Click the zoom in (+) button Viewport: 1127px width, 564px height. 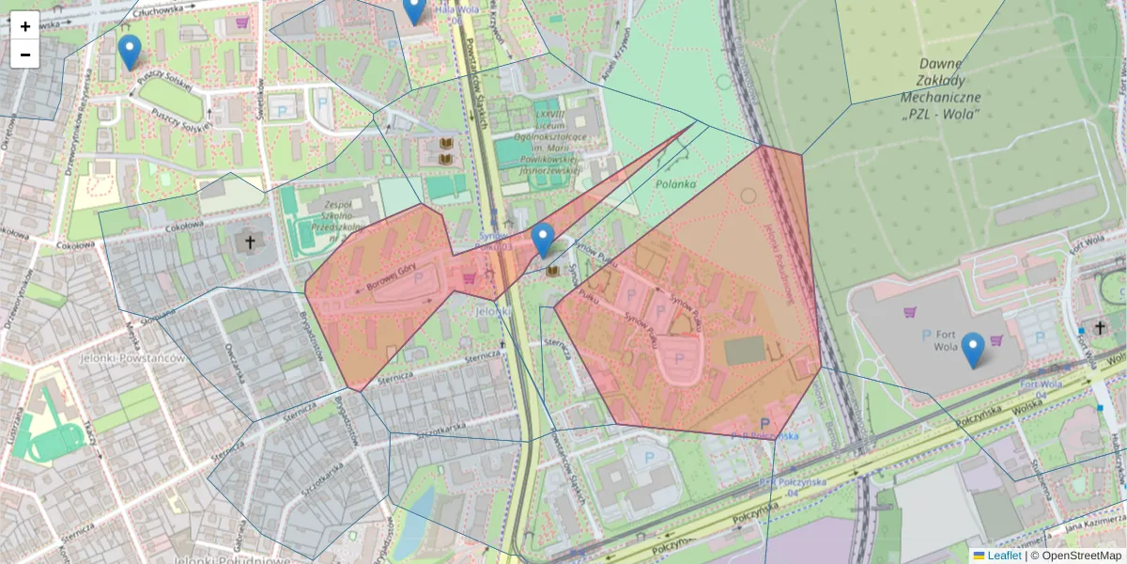(x=25, y=26)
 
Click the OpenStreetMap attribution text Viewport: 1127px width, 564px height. (x=1081, y=556)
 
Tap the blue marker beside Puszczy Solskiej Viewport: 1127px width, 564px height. (x=130, y=53)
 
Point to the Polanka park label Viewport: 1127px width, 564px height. (x=676, y=184)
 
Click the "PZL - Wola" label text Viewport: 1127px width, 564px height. (x=940, y=114)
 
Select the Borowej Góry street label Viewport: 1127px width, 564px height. (x=384, y=281)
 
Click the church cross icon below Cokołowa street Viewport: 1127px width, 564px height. (x=251, y=243)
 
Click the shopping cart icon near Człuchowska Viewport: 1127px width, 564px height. (x=243, y=22)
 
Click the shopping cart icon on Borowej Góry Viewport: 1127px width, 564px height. (x=469, y=278)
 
